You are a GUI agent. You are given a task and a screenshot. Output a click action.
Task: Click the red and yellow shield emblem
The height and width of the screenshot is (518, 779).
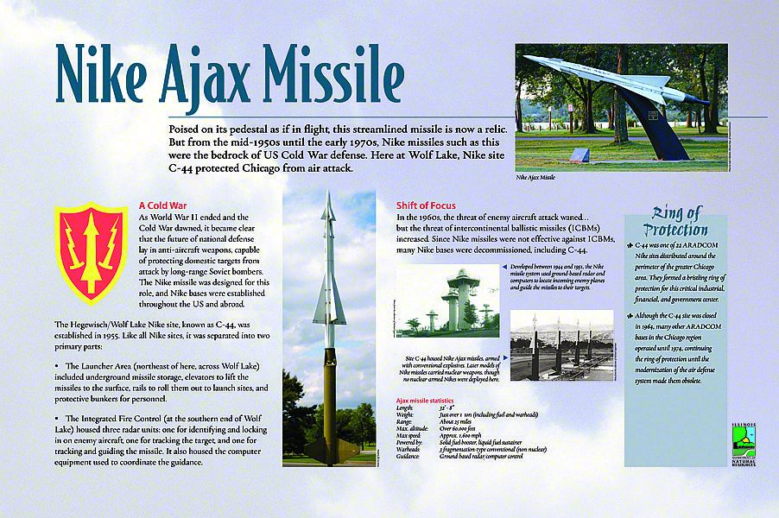[91, 253]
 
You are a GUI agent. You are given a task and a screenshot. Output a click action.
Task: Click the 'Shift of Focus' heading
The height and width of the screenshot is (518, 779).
[426, 205]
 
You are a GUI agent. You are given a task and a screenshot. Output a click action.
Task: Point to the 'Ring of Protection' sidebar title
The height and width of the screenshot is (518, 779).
[677, 221]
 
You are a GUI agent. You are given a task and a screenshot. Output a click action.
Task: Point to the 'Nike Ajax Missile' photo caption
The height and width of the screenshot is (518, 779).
[535, 178]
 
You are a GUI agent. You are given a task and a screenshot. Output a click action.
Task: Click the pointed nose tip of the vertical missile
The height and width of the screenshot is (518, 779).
[328, 195]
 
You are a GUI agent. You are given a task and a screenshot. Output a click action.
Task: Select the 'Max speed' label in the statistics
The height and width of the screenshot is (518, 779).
[409, 436]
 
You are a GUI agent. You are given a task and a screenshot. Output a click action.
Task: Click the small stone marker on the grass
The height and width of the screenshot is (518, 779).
[580, 155]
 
